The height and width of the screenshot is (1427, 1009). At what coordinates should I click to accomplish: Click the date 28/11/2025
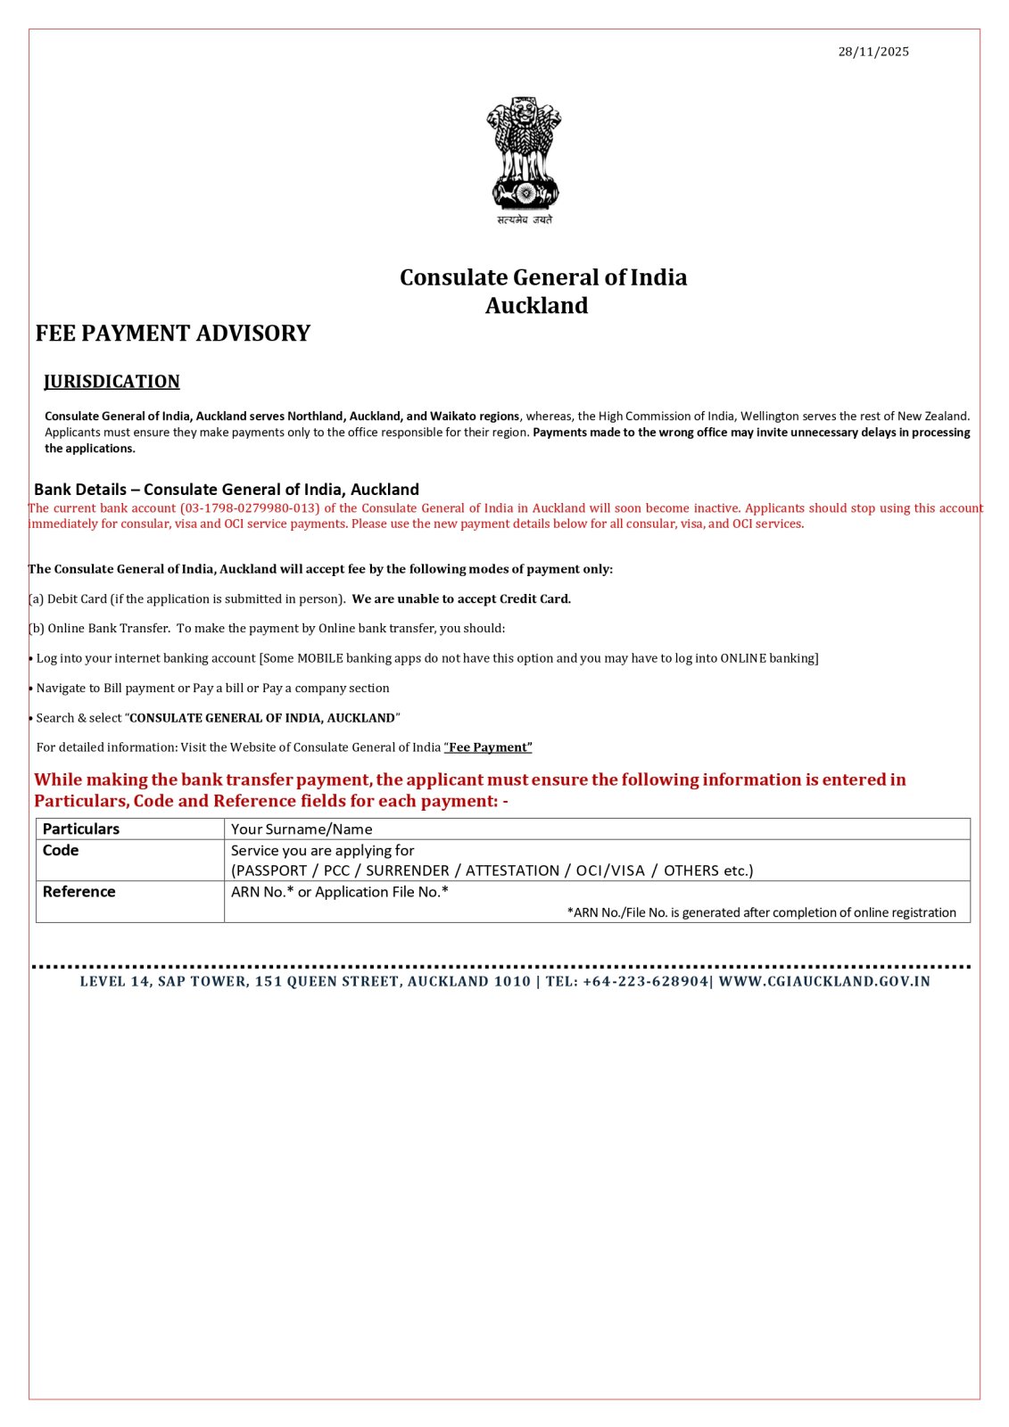873,52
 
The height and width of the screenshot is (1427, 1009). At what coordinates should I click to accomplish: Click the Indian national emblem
524,153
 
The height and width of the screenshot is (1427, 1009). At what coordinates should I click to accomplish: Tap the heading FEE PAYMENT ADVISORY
173,334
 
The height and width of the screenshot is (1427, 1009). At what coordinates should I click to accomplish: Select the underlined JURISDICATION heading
112,382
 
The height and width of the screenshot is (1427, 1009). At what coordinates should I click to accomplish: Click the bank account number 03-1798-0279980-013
250,508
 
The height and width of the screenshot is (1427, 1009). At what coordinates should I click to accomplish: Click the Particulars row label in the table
81,829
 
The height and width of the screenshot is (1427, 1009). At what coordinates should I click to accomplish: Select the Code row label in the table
61,851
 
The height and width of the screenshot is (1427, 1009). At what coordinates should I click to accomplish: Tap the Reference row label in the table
79,892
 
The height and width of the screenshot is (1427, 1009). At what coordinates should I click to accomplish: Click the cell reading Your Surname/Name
302,829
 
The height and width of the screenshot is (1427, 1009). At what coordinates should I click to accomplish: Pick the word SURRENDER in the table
408,870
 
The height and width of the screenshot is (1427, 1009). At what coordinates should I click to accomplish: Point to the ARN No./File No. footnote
761,912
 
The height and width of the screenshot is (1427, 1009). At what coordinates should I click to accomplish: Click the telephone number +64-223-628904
645,982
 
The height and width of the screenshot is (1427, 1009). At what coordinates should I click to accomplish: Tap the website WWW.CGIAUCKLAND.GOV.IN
824,982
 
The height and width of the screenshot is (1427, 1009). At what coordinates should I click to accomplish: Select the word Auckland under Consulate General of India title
536,306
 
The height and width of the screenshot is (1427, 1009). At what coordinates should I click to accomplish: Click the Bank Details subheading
227,490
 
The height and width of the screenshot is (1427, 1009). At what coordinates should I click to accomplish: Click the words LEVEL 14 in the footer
115,982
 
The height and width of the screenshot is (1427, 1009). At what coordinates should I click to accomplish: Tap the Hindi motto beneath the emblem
525,219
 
